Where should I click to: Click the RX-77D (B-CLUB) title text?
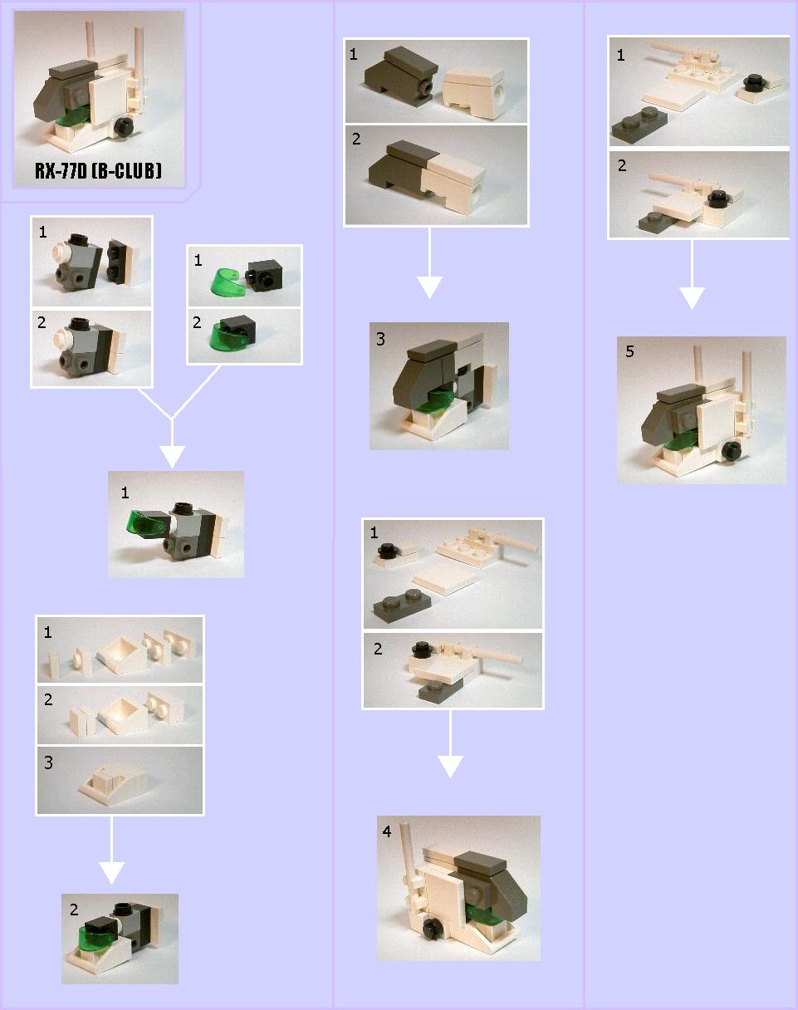[98, 170]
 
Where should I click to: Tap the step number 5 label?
[629, 351]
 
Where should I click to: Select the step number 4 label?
[387, 831]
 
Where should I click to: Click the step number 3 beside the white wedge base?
[48, 762]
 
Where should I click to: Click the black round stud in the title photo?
[125, 127]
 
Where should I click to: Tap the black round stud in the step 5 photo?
[732, 451]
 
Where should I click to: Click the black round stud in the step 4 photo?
[432, 929]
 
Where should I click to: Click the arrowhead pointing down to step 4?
[450, 767]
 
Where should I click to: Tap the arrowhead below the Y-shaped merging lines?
[172, 457]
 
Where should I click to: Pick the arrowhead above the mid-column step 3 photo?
[430, 287]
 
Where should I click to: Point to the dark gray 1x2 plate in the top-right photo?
[639, 123]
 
